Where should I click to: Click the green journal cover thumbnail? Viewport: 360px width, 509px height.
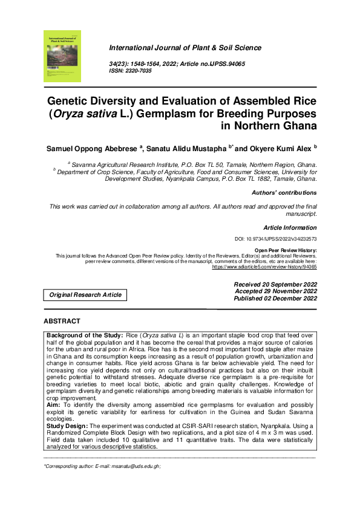tap(62, 56)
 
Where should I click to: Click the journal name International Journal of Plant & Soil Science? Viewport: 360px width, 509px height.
tap(185, 48)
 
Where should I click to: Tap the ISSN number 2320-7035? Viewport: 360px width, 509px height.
tap(139, 71)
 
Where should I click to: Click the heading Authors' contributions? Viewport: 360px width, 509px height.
tap(284, 193)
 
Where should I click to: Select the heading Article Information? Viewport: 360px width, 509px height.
tap(290, 228)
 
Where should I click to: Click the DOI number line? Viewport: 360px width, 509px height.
tap(275, 239)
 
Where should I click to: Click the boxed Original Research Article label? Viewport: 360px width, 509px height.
tap(85, 295)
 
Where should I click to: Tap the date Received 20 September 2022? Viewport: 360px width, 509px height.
tap(275, 284)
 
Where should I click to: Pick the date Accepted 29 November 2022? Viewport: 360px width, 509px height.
tap(276, 291)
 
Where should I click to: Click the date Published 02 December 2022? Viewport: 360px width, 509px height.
tap(275, 299)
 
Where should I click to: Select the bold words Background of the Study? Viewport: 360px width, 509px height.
tap(83, 334)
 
